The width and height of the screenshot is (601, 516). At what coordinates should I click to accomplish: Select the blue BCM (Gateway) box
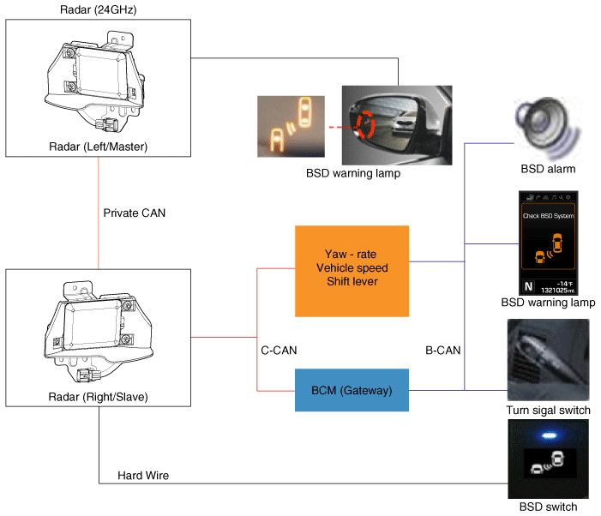coord(352,390)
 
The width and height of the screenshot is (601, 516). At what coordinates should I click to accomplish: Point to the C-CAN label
coord(279,350)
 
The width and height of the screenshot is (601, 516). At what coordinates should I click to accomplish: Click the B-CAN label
coord(443,350)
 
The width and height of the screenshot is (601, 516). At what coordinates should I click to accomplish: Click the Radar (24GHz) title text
coord(99,10)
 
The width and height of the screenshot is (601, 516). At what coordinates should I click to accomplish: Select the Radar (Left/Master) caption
coord(99,147)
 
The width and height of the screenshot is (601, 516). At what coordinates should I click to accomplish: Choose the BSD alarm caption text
coord(548,170)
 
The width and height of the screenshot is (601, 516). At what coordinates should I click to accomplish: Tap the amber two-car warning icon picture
coord(291,126)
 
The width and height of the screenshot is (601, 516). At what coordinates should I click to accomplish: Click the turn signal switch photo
coord(548,360)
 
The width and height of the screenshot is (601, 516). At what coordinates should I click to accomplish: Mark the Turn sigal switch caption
coord(549,411)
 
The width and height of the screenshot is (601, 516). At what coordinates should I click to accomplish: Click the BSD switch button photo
coord(548,459)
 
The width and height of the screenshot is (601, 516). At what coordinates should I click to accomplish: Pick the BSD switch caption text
coord(548,507)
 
